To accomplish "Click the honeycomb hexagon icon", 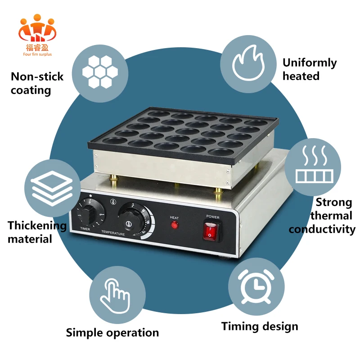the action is [x=100, y=72].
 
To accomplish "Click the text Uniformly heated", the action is [x=309, y=69].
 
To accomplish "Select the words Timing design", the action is [x=260, y=326].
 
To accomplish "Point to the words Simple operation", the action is [x=112, y=333].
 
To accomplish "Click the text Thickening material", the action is [x=37, y=232].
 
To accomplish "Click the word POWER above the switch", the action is [x=213, y=216].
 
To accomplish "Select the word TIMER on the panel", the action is [x=85, y=229].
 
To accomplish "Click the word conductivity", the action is [x=322, y=229].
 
